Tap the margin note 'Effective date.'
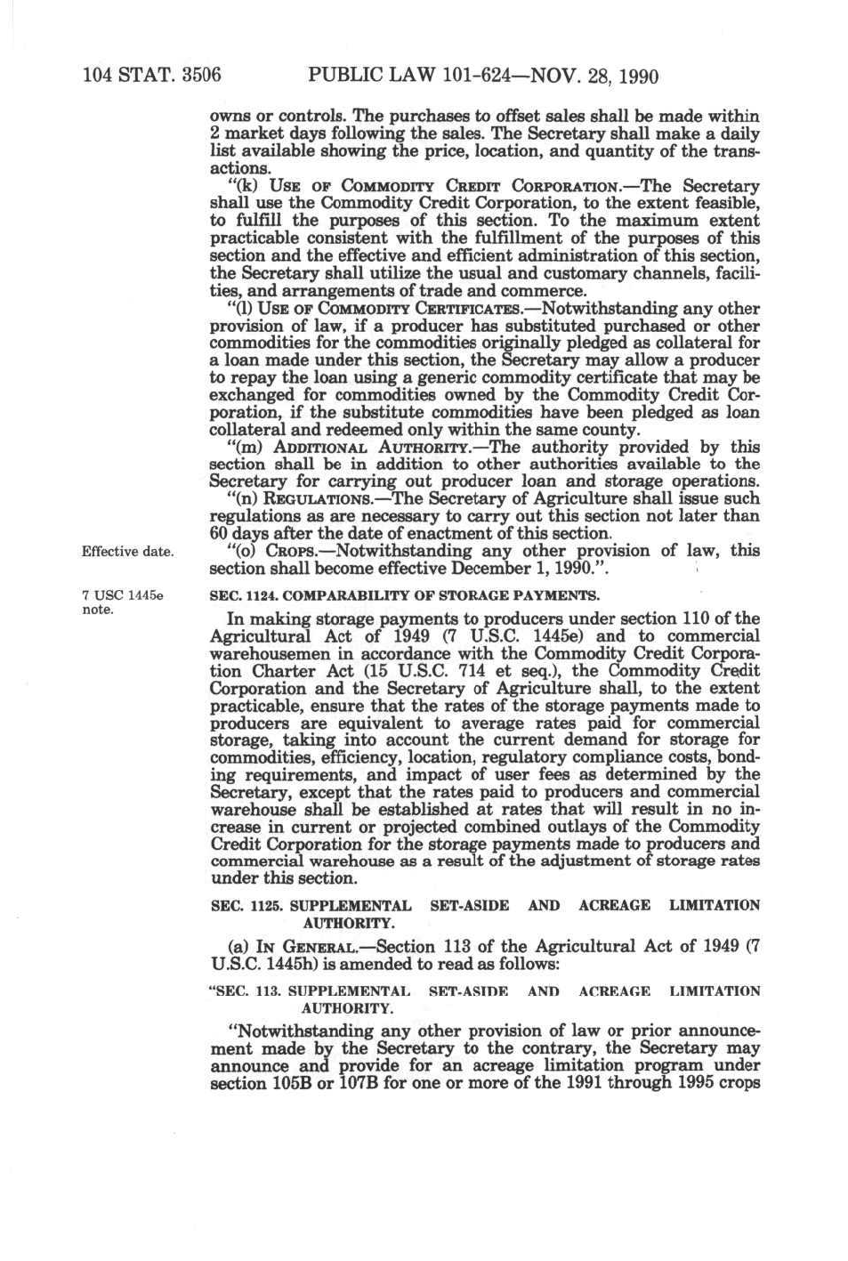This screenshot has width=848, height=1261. [x=127, y=552]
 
